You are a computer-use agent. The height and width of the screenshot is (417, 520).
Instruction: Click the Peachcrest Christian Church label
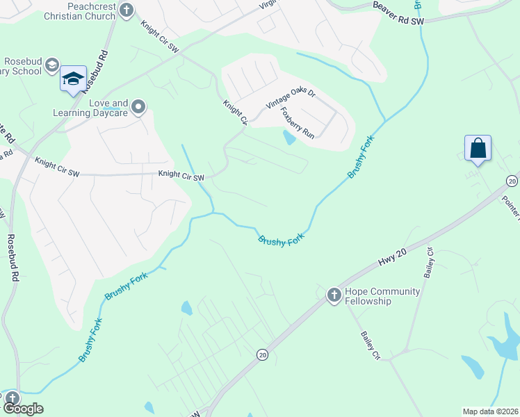(81, 12)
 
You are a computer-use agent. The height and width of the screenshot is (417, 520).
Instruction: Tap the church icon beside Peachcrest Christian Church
(126, 10)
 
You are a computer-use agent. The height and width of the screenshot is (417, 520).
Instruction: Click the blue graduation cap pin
(72, 79)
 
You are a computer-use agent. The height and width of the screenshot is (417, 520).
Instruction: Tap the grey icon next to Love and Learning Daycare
(138, 107)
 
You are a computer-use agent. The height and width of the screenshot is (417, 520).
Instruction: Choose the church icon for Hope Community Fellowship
(334, 295)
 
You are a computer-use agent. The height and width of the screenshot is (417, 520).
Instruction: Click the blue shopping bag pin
(478, 148)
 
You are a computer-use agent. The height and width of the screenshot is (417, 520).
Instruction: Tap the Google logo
(23, 409)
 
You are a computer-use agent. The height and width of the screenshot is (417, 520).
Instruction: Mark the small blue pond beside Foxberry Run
(289, 138)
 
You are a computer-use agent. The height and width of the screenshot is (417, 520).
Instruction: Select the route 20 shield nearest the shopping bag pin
(512, 181)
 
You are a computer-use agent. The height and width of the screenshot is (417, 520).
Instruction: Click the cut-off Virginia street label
(267, 6)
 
